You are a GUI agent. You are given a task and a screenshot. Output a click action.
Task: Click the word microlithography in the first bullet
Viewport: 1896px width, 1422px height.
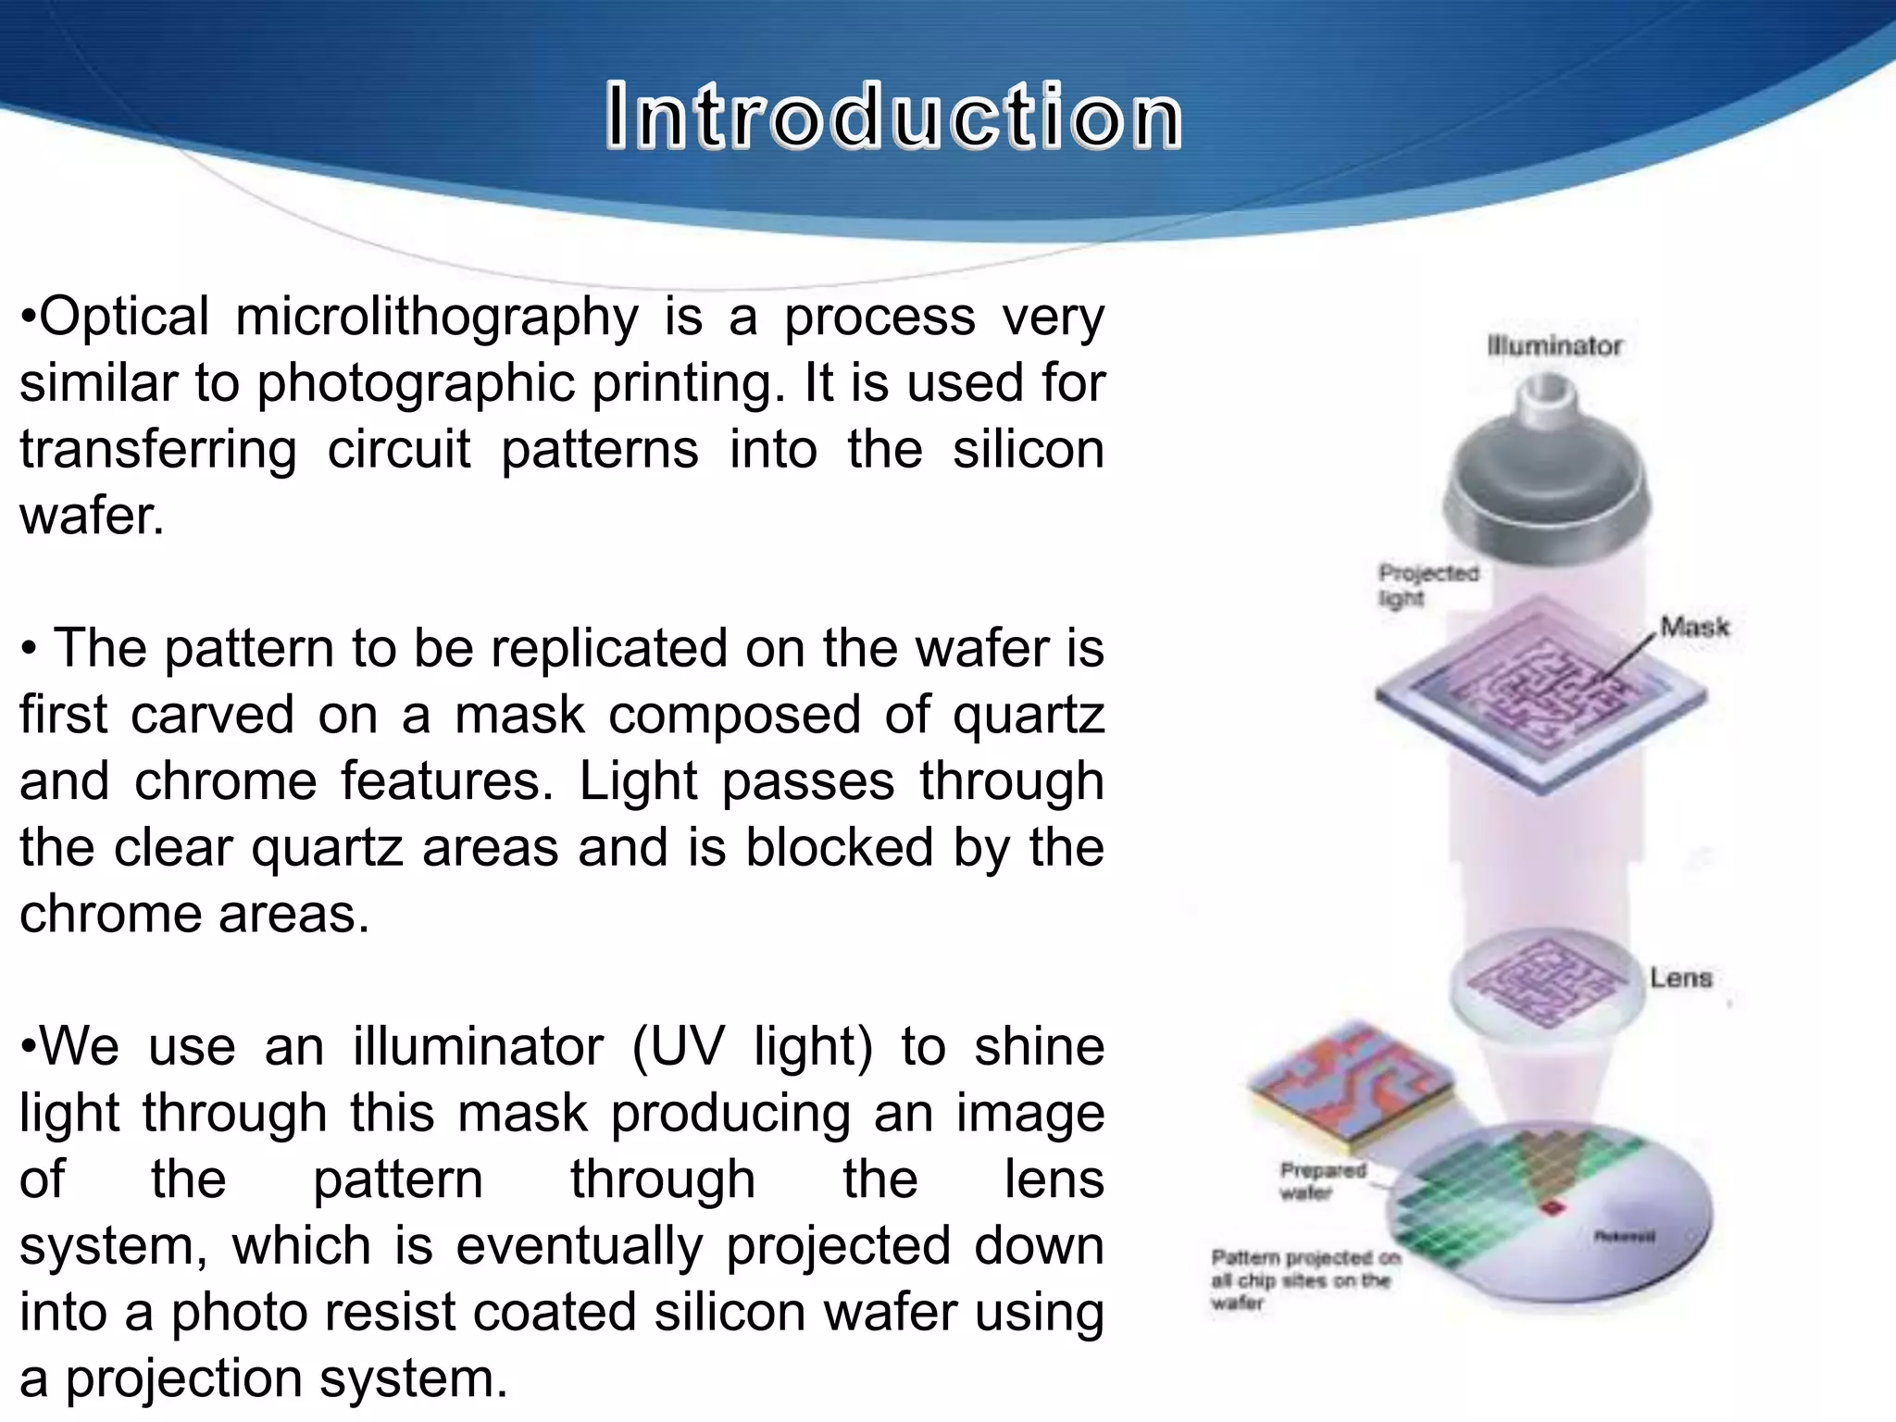[x=436, y=317]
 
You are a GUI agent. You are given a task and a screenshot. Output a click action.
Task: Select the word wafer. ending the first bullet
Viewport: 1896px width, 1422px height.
[x=92, y=516]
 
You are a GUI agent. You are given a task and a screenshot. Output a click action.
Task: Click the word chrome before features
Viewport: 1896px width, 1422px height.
[x=225, y=780]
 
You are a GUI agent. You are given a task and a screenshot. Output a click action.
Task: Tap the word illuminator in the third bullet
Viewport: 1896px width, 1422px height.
[x=478, y=1046]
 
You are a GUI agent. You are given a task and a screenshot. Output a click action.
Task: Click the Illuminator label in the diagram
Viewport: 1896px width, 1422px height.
[x=1554, y=346]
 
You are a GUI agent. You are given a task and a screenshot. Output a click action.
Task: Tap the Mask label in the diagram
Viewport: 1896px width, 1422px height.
[x=1694, y=628]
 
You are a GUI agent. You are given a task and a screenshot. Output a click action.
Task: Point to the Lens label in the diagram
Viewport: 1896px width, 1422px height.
[x=1680, y=978]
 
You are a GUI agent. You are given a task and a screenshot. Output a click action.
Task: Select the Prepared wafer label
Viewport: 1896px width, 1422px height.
[x=1321, y=1181]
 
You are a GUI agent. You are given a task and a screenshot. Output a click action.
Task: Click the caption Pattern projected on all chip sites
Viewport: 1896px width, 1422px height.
[x=1303, y=1279]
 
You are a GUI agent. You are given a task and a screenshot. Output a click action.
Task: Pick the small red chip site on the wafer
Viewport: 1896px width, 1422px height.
[x=1549, y=1208]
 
